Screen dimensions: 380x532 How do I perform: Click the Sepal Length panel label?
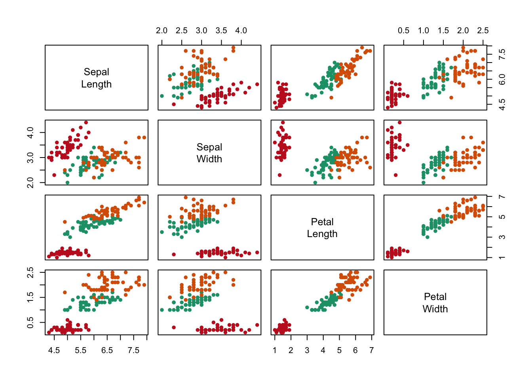[96, 78]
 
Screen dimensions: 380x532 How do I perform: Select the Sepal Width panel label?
[209, 153]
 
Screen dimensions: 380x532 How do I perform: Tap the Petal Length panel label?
[322, 228]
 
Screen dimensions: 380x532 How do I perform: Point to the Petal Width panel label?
[435, 303]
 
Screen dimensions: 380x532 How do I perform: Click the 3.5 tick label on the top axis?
[221, 30]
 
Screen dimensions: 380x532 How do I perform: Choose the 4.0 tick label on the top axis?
[241, 30]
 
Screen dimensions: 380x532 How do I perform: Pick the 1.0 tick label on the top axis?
[423, 30]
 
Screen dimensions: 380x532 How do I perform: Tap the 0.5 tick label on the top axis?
[403, 30]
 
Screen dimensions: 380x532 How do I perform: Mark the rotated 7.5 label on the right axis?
[502, 54]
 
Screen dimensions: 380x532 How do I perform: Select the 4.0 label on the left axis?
[30, 132]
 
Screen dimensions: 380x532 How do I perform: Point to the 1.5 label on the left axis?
[30, 297]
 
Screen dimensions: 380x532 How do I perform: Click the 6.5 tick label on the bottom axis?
[107, 350]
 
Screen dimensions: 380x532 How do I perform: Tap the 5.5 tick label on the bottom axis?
[80, 350]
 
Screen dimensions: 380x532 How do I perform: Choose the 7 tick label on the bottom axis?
[371, 350]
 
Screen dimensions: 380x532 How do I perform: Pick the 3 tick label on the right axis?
[502, 237]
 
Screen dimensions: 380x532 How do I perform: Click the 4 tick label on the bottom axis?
[323, 350]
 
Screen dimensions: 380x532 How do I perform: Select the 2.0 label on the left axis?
[30, 182]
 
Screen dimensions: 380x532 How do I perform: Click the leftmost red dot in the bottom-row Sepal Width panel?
[174, 327]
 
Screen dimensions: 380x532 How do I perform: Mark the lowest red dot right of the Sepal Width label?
[279, 175]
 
